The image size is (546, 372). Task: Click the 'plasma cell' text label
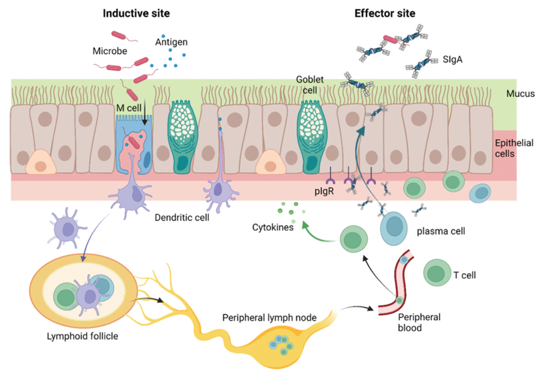[x=445, y=230]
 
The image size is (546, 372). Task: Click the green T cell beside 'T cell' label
[x=437, y=272]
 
